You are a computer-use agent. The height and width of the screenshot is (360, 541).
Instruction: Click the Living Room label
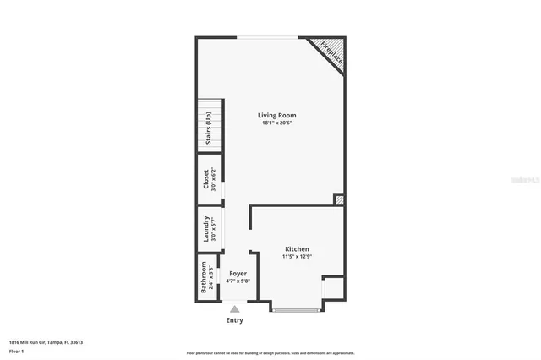tap(276, 115)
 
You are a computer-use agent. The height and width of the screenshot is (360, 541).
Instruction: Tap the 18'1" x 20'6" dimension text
tap(276, 123)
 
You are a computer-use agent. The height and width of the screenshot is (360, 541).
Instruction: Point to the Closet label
tap(205, 179)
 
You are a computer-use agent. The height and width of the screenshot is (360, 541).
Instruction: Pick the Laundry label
tap(205, 229)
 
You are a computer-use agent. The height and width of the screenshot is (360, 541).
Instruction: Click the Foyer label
tap(238, 274)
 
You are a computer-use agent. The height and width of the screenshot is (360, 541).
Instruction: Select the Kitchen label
tap(297, 249)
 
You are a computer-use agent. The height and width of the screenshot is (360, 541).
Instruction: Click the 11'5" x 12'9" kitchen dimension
tap(297, 258)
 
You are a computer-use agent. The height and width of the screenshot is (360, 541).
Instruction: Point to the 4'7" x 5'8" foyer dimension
tap(238, 281)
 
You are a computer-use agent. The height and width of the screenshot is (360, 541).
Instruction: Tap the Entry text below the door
tap(234, 320)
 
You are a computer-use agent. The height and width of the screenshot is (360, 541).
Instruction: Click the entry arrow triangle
tap(234, 309)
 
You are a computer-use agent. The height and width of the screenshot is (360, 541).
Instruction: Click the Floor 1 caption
tap(16, 350)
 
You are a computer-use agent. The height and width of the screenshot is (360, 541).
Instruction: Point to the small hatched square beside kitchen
tap(339, 200)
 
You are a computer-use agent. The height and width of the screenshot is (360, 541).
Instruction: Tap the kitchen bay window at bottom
tap(297, 310)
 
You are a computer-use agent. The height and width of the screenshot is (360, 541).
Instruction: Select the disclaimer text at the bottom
tap(270, 353)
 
